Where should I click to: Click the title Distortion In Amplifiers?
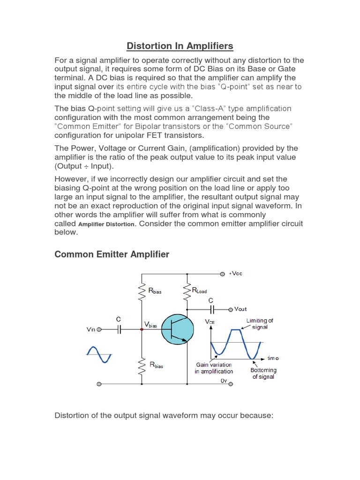[x=180, y=46]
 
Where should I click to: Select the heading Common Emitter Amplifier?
[x=112, y=254]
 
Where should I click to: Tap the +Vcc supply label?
[x=236, y=274]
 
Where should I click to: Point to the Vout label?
[x=240, y=309]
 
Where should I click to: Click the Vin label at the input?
[x=91, y=330]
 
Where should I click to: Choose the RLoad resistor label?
[x=199, y=291]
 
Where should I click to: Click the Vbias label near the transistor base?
[x=150, y=325]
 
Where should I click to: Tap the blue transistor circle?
[x=178, y=329]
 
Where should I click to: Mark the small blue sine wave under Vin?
[x=99, y=354]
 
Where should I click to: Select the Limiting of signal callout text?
[x=259, y=324]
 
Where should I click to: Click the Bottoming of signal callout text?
[x=263, y=373]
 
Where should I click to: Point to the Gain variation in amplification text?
[x=214, y=368]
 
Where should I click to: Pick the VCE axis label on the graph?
[x=210, y=322]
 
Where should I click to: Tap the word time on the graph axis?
[x=273, y=358]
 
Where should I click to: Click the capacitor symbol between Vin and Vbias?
[x=119, y=330]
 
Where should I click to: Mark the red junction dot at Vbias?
[x=142, y=330]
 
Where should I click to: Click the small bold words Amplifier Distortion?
[x=107, y=224]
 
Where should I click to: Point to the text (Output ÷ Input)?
[x=84, y=166]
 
